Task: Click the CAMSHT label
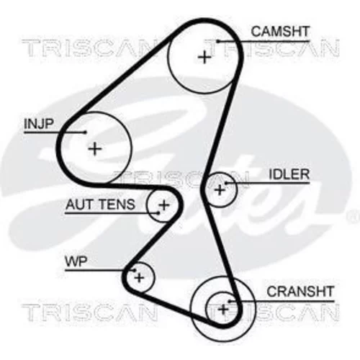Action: [280, 32]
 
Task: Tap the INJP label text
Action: [39, 124]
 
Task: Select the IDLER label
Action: [289, 174]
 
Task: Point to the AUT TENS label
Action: [100, 204]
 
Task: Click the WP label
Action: [76, 261]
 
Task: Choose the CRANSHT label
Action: [300, 292]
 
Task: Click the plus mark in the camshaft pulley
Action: [204, 58]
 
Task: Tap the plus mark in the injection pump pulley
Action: [95, 149]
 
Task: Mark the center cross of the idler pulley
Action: [220, 190]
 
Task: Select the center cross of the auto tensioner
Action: [164, 205]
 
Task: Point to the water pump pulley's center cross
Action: [140, 278]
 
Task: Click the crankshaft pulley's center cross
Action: [223, 310]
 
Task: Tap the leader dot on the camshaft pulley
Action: [218, 41]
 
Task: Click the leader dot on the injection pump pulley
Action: [86, 132]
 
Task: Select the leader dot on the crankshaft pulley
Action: [230, 301]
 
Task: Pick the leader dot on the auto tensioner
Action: [158, 212]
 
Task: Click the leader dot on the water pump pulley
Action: [135, 270]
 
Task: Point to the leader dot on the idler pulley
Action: [226, 183]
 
